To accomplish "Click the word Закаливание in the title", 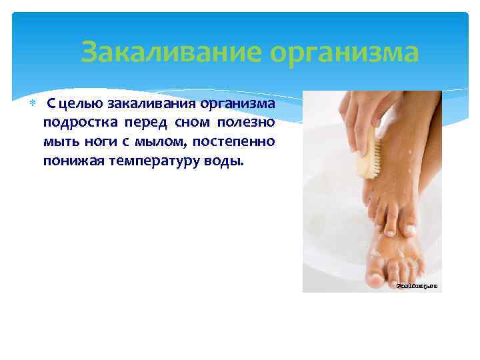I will (x=168, y=52).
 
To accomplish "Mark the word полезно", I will (x=246, y=124).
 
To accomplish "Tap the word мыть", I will (x=59, y=142).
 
